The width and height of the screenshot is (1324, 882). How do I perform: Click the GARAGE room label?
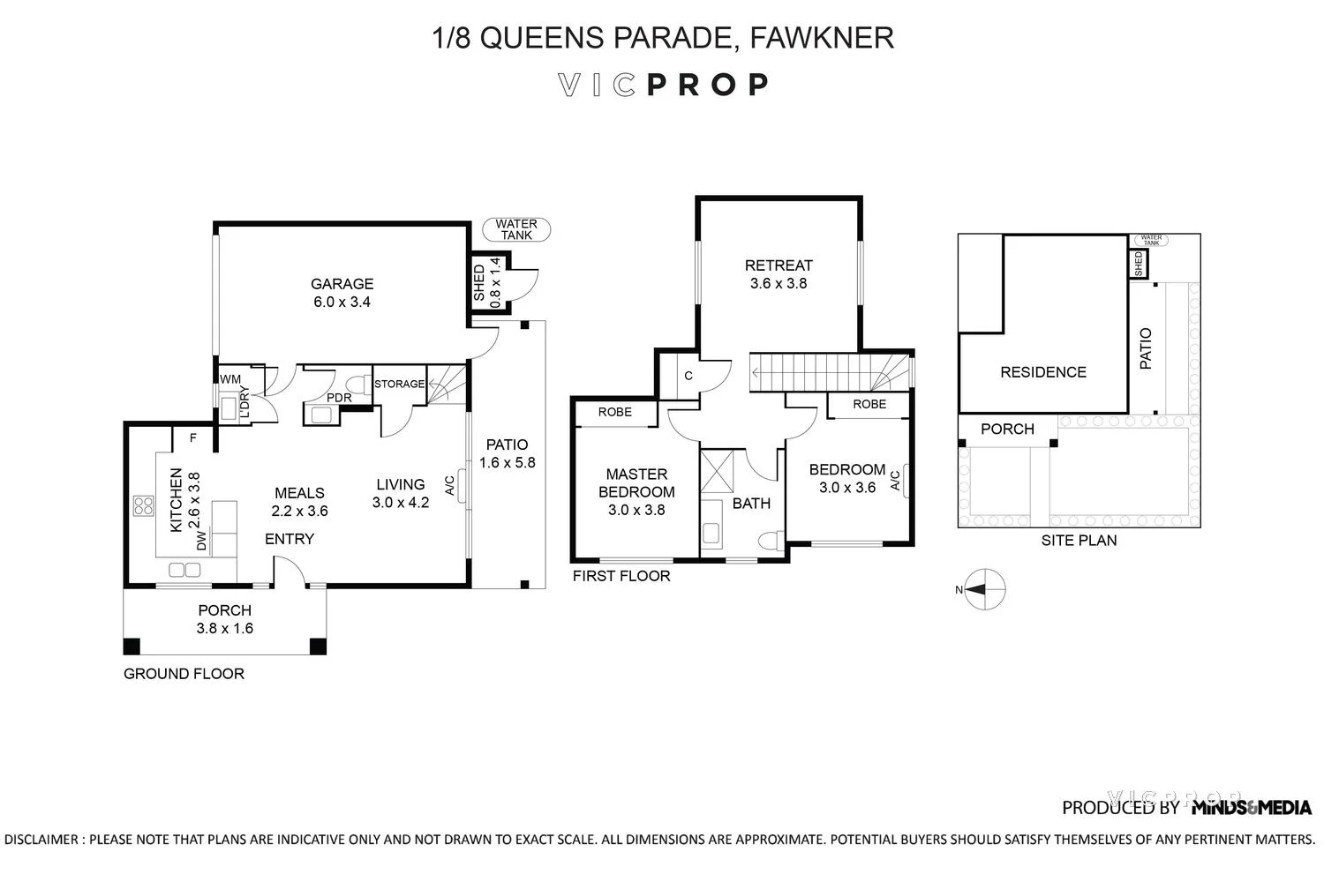pos(342,284)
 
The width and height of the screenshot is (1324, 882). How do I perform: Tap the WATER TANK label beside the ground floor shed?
pos(516,230)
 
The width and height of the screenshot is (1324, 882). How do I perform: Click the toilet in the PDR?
pos(358,385)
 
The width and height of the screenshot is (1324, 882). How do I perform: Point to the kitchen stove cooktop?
pos(143,506)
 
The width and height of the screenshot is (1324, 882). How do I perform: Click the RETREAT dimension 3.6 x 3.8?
pos(779,284)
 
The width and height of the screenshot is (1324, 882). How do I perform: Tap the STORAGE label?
pos(399,384)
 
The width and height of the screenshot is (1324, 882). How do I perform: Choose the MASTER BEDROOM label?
pos(636,483)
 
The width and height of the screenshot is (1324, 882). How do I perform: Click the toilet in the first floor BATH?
pos(771,539)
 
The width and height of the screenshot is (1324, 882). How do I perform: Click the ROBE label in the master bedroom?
pos(614,412)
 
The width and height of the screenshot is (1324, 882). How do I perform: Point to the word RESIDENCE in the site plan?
pos(1042,372)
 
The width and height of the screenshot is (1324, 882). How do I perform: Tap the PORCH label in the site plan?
pos(1007,430)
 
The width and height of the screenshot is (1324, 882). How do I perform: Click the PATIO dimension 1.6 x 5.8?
pos(507,463)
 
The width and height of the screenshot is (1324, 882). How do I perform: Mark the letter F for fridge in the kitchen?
pos(192,437)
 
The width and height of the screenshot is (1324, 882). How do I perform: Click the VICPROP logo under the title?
pos(662,85)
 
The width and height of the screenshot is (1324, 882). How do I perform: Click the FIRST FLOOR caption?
pos(621,577)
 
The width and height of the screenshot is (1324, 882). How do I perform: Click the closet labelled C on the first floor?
pos(688,376)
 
